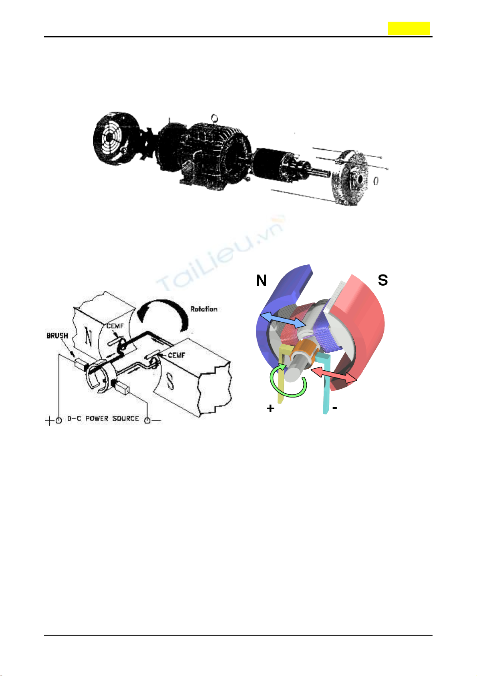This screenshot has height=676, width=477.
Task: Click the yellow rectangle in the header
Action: (408, 28)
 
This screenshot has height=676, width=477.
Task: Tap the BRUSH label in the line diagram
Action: (57, 335)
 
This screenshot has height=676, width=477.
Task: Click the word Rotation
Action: (204, 309)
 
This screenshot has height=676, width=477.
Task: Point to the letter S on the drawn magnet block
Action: (170, 382)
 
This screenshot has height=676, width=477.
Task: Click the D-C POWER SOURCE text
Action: (103, 418)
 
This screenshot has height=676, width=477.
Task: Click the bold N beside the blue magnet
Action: (262, 281)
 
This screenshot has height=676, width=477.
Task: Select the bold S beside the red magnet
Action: (383, 280)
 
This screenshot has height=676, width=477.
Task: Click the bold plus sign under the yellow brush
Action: (271, 409)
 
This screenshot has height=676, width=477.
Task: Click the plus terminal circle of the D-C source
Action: (58, 420)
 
